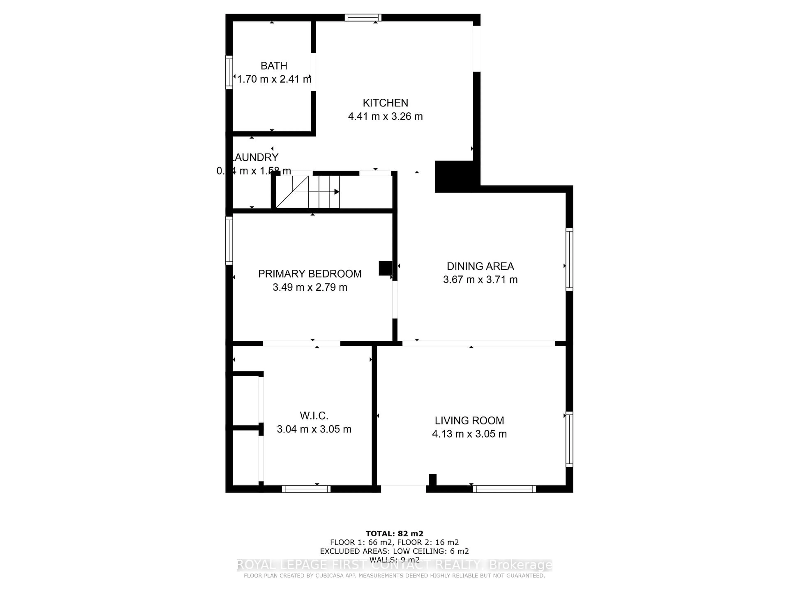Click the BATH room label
pos(274,66)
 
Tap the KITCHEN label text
pos(385,103)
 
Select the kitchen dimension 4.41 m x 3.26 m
pos(385,116)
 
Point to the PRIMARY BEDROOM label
pos(310,274)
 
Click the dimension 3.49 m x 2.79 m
pos(310,287)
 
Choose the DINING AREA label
pos(480,266)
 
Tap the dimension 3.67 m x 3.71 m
pos(480,279)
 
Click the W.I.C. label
pos(314,415)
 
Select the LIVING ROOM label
pos(469,420)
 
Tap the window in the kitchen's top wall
pos(363,17)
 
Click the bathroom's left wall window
pos(229,72)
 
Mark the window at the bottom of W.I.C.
pos(306,489)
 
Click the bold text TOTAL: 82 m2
pos(394,533)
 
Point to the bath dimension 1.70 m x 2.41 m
pos(274,79)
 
